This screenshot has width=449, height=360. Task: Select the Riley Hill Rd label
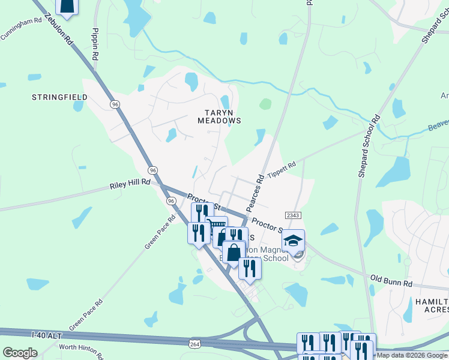(x=130, y=186)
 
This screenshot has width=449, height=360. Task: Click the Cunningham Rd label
(x=21, y=29)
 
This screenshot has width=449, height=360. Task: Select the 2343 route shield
(x=292, y=215)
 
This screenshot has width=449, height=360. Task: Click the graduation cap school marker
(x=293, y=242)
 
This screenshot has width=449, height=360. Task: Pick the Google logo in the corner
(x=20, y=353)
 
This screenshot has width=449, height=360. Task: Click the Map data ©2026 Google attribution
(x=412, y=355)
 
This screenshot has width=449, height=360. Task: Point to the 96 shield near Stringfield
(x=115, y=104)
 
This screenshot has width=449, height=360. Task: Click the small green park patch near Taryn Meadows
(x=265, y=104)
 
